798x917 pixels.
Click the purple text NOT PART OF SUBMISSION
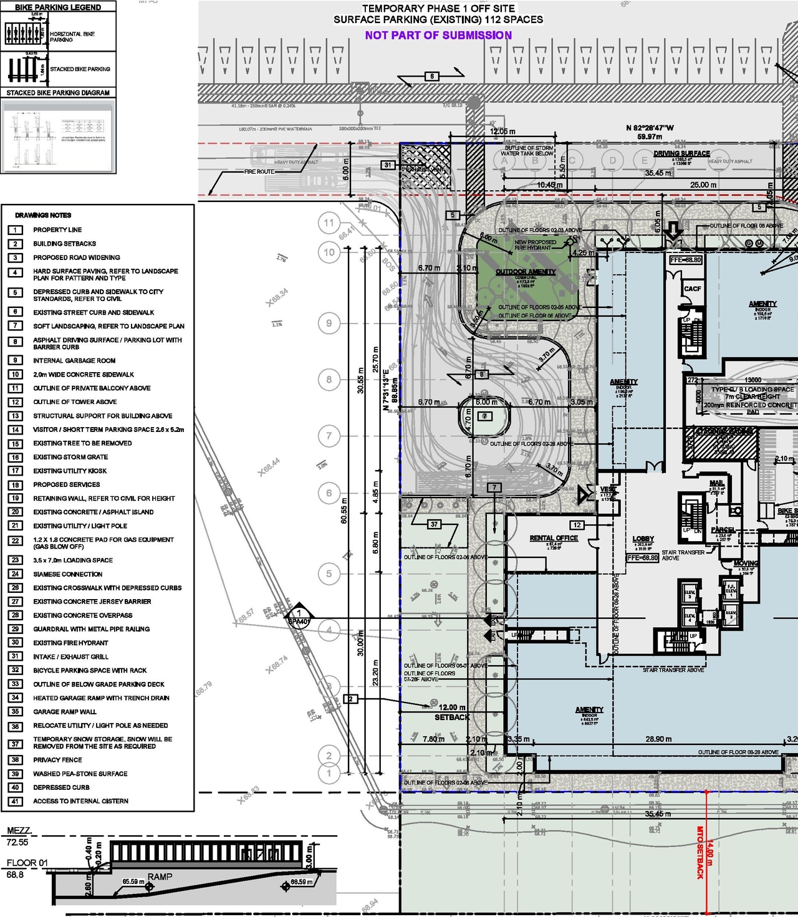click(x=438, y=36)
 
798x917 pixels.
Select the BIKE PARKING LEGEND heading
click(x=58, y=7)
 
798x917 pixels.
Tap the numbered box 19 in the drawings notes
click(x=16, y=499)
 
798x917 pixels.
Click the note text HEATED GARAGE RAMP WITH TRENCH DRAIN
click(x=101, y=698)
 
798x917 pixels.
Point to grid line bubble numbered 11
click(x=329, y=223)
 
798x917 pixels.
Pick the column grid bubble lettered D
click(x=613, y=161)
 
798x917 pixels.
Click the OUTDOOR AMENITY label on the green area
click(x=526, y=272)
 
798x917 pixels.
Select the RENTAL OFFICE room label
click(x=554, y=538)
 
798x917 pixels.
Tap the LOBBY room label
click(x=643, y=539)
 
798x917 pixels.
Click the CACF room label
click(x=693, y=289)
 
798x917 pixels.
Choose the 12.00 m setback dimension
click(x=452, y=708)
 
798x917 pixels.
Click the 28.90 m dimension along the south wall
click(x=658, y=739)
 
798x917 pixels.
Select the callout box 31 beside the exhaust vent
click(x=388, y=165)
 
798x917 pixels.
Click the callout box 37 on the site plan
click(x=434, y=524)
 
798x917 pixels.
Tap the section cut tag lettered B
click(x=432, y=77)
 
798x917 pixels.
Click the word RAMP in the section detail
click(x=160, y=876)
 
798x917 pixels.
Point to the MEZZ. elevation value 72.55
click(x=17, y=842)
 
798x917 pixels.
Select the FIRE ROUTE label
click(x=259, y=172)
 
